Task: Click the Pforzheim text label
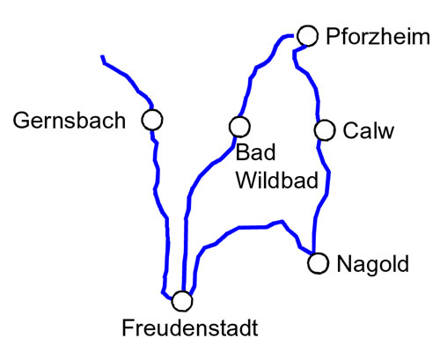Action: [378, 37]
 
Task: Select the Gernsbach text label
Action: [70, 121]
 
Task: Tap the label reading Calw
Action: [369, 130]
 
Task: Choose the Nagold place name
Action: [373, 264]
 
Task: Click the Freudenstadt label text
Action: [190, 327]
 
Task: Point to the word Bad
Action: [256, 152]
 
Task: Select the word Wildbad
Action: [277, 180]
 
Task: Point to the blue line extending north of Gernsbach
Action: [127, 77]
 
